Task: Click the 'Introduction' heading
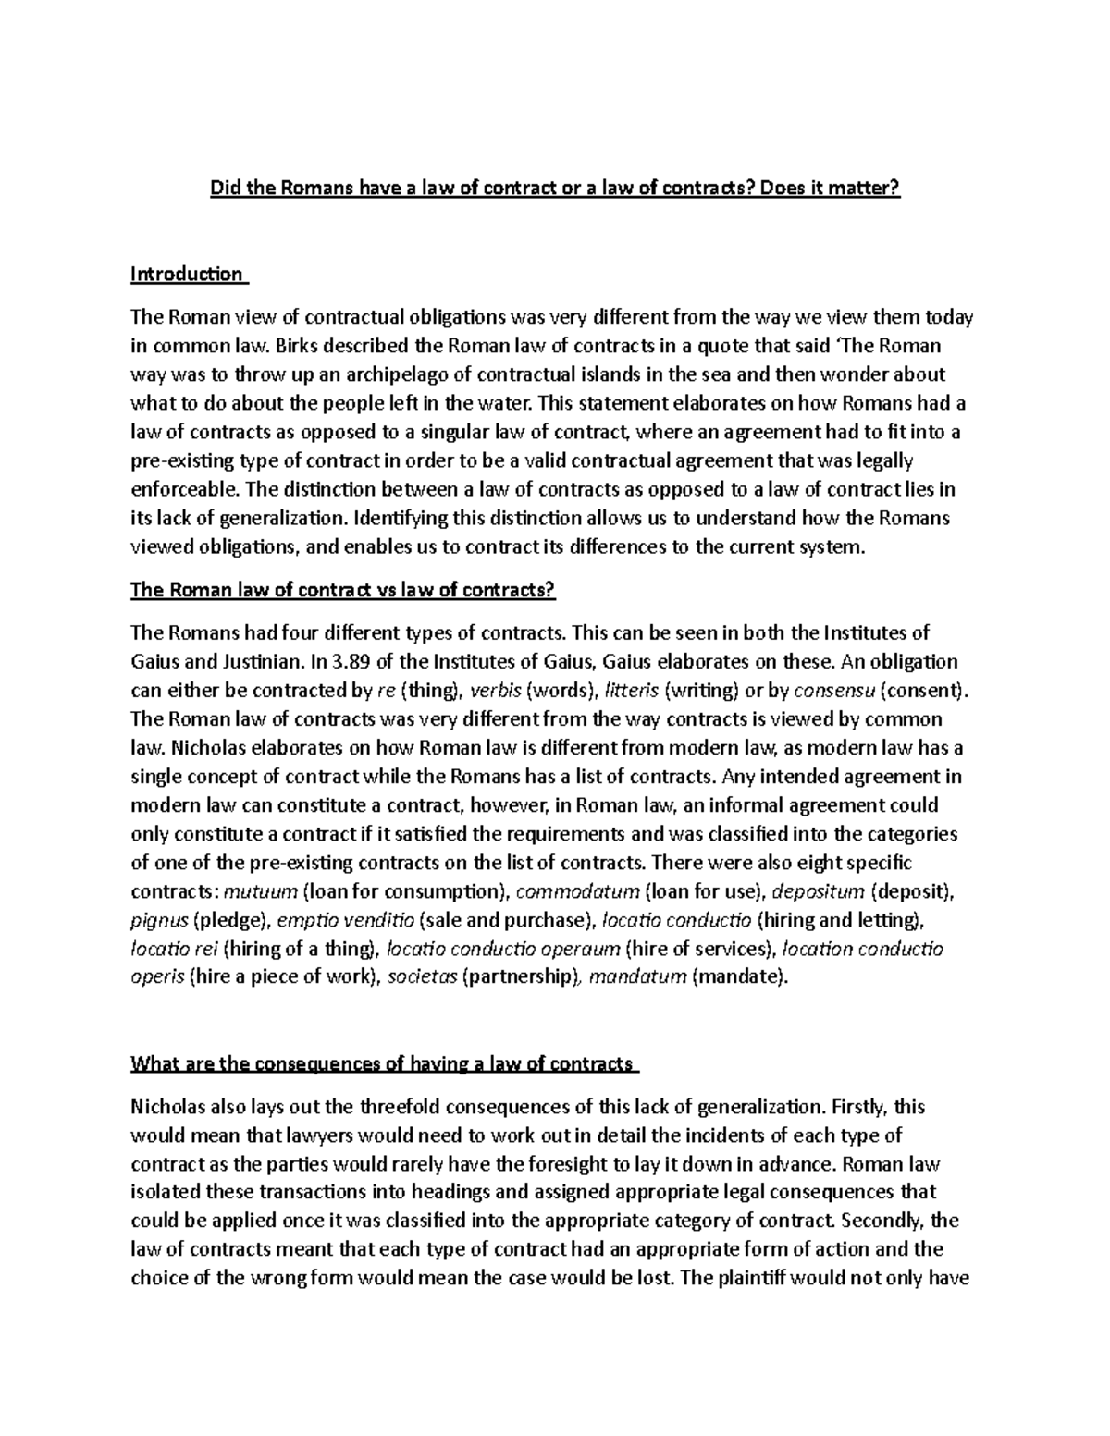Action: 187,275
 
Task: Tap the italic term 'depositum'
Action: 818,891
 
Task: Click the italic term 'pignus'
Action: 159,920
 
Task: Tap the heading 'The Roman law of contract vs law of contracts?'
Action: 342,591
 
